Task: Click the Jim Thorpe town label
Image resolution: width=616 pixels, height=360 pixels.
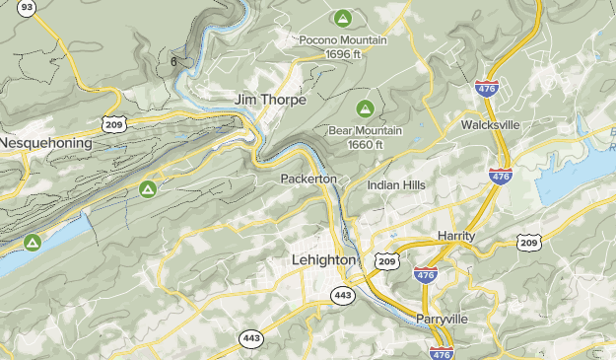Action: pos(270,101)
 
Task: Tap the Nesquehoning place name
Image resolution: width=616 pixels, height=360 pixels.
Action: pos(46,143)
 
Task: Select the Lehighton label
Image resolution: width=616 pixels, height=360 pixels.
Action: pos(323,258)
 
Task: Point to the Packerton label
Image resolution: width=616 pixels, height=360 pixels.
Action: pos(308,179)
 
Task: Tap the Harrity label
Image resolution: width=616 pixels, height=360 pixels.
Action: pos(455,237)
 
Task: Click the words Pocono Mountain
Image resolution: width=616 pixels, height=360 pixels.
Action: pos(344,40)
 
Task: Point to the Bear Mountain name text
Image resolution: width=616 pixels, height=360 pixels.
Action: pos(365,129)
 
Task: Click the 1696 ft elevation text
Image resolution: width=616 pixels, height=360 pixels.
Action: pos(344,55)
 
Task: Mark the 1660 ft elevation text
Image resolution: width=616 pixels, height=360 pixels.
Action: pos(365,144)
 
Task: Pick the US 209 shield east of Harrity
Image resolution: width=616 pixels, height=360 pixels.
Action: pos(529,242)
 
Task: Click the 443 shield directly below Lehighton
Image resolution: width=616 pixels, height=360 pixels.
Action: pos(342,295)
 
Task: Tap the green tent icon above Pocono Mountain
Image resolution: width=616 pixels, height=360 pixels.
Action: pos(342,18)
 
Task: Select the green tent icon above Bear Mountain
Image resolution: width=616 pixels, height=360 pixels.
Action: pos(365,107)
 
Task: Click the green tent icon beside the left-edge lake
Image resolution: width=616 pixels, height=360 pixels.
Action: pos(33,241)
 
